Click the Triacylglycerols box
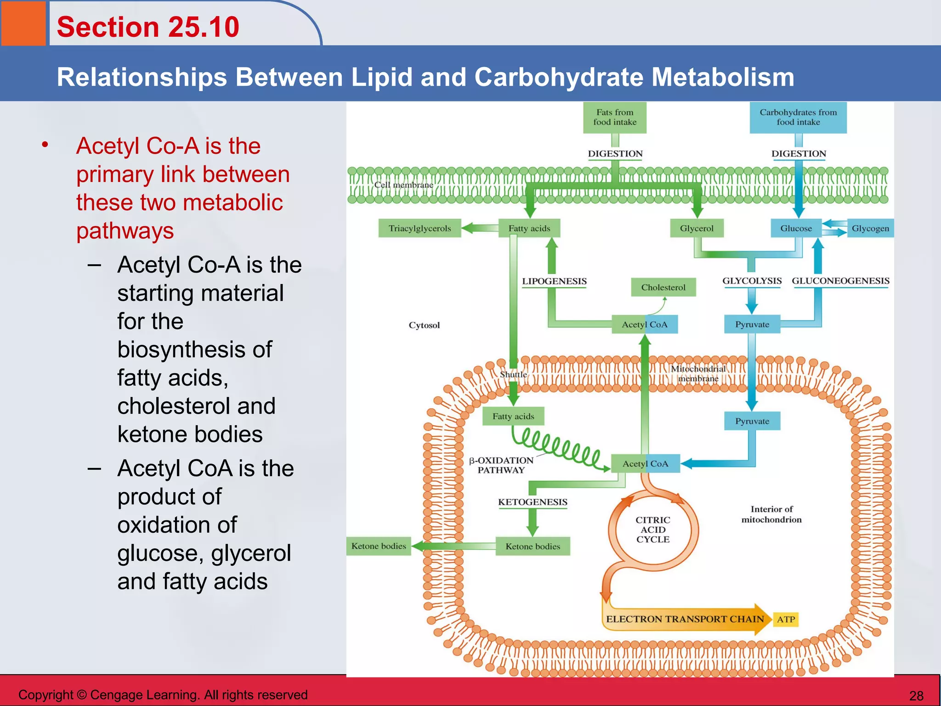click(x=419, y=228)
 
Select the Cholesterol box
click(x=663, y=287)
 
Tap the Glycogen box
click(x=870, y=228)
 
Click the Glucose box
click(x=796, y=228)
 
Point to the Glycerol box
click(x=697, y=228)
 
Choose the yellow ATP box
click(x=786, y=619)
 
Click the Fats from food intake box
click(x=615, y=117)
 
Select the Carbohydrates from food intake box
click(x=798, y=117)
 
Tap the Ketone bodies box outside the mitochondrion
click(x=379, y=546)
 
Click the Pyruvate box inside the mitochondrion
click(x=752, y=421)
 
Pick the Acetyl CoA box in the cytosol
click(x=645, y=325)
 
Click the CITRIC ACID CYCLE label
click(x=653, y=529)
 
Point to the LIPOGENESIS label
click(x=554, y=281)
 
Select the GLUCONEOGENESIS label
click(x=840, y=281)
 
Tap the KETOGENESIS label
click(x=533, y=502)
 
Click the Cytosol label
click(x=424, y=325)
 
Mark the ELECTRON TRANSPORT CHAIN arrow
click(x=685, y=619)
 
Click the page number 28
click(x=916, y=695)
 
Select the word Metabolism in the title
click(x=723, y=77)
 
